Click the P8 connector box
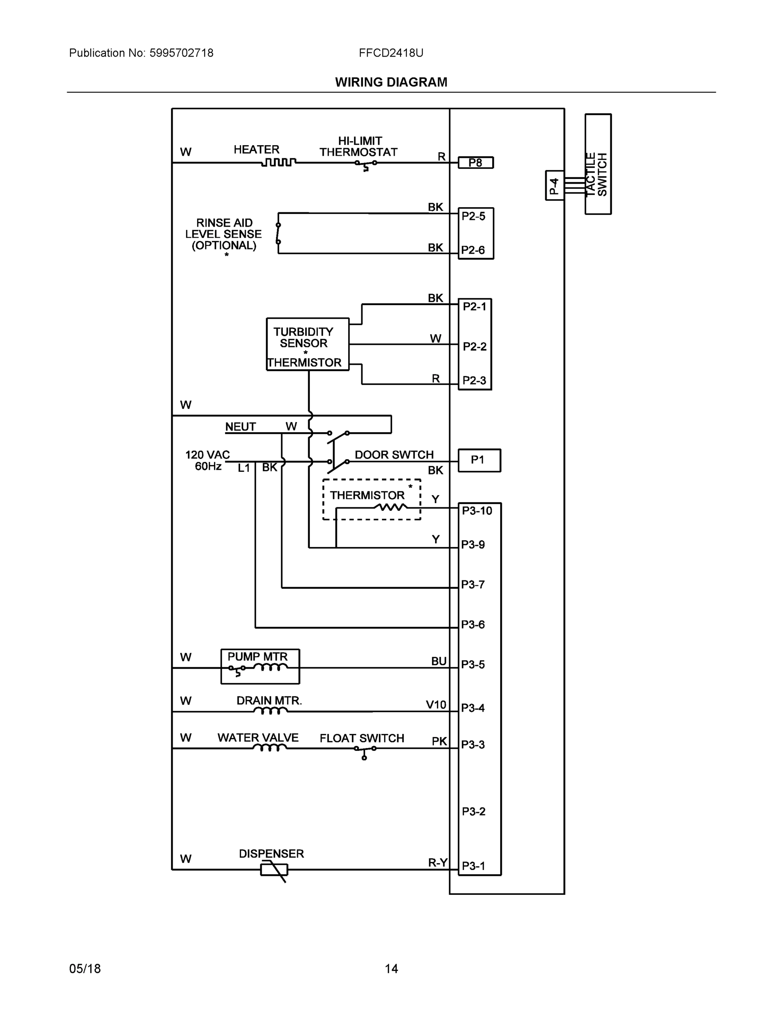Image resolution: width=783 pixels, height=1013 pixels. [x=475, y=163]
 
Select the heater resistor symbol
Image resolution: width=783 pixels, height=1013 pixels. [x=278, y=163]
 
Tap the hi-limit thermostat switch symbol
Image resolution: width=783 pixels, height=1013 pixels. [x=366, y=164]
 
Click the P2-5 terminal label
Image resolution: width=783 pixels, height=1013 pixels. [x=473, y=216]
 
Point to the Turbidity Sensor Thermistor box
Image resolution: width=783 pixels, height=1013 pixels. [x=307, y=344]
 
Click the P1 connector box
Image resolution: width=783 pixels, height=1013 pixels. [x=479, y=460]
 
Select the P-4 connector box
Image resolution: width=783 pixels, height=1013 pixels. [x=554, y=186]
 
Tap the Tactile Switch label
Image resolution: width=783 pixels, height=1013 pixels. [x=597, y=174]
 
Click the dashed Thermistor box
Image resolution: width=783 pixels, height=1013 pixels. [x=371, y=500]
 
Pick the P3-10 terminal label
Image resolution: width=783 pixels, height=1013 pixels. [x=477, y=511]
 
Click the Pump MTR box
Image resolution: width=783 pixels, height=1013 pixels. [x=260, y=666]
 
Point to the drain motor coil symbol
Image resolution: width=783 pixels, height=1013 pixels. [x=269, y=711]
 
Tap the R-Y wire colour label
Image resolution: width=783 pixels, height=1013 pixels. [x=437, y=862]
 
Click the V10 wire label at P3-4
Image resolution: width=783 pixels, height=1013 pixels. [x=436, y=705]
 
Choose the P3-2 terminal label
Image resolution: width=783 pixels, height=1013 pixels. [x=474, y=811]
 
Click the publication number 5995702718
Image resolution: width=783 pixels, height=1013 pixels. [x=181, y=53]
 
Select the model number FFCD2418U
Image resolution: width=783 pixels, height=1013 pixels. [x=390, y=53]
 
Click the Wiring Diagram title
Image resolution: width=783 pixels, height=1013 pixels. [x=391, y=82]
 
